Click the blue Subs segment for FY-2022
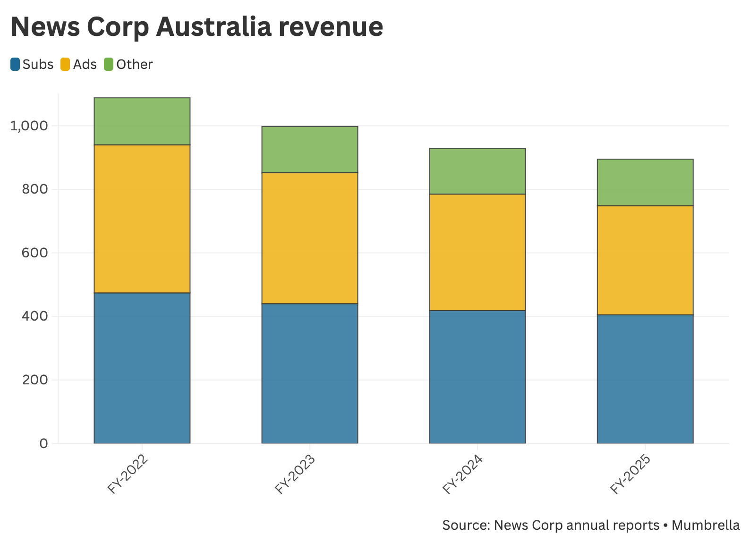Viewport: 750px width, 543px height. point(142,368)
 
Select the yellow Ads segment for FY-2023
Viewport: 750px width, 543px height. point(310,238)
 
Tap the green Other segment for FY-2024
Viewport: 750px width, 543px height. point(477,171)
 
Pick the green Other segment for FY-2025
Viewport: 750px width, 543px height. point(645,182)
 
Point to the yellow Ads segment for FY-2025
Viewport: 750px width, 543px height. point(645,260)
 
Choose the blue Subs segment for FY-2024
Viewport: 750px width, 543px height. point(477,376)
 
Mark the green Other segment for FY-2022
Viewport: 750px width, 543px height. point(142,121)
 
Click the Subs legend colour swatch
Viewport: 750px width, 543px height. point(16,64)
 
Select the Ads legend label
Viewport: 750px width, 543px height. point(85,64)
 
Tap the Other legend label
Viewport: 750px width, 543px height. point(135,64)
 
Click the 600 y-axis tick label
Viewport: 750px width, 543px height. point(35,253)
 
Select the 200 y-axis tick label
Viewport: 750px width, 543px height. point(35,380)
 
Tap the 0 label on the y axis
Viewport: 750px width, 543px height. point(44,443)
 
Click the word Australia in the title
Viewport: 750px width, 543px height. point(213,26)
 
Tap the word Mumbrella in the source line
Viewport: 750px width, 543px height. point(706,525)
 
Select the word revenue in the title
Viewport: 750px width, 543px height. point(331,26)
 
